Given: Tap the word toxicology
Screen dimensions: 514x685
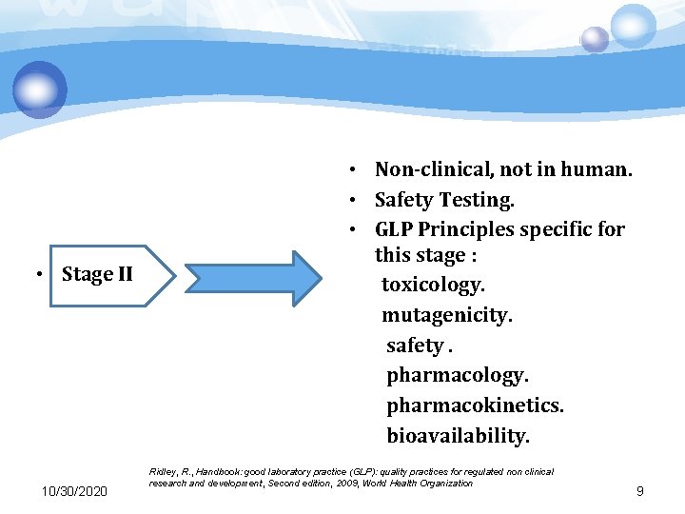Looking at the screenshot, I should tap(433, 285).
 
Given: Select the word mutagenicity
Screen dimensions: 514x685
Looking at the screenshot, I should tap(447, 315).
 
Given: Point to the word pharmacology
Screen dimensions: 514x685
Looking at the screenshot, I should tap(457, 375).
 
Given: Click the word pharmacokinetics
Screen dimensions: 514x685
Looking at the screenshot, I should tap(474, 405).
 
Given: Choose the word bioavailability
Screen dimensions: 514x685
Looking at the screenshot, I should tap(458, 436).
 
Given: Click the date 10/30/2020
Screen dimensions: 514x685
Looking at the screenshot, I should tap(75, 491).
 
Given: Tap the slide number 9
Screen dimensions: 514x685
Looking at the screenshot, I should tap(639, 491).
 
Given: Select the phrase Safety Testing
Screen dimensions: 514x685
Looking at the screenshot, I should tap(444, 200).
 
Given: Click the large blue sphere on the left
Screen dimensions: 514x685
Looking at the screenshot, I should tap(40, 90).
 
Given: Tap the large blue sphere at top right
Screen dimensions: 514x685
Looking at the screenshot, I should tap(633, 25).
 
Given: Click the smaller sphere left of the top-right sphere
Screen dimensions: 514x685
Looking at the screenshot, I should tap(595, 39).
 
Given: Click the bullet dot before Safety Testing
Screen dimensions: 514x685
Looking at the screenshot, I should tap(352, 201).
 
